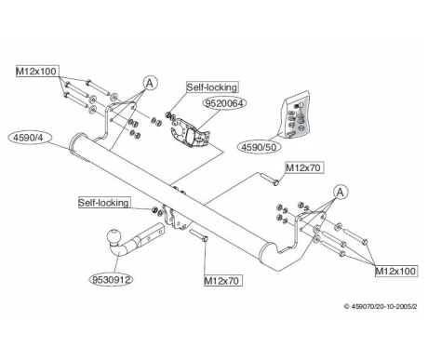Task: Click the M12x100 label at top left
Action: tap(37, 72)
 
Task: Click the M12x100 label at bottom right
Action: tap(395, 271)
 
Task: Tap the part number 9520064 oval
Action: tap(224, 103)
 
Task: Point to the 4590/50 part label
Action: tap(259, 147)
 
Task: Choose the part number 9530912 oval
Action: tap(112, 280)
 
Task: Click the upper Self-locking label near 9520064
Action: tap(212, 87)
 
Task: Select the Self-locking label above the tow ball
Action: tap(104, 203)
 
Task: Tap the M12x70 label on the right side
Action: tap(303, 167)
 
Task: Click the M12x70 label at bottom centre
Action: tap(222, 281)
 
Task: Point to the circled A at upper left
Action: tap(150, 83)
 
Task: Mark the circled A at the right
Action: tap(341, 193)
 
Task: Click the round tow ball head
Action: tap(114, 236)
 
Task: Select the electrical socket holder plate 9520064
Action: tap(190, 133)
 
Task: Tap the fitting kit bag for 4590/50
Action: tap(295, 115)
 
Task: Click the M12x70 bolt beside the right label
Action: tap(269, 180)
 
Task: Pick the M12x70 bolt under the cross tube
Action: tap(199, 234)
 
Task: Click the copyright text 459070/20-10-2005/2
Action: tap(381, 306)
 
